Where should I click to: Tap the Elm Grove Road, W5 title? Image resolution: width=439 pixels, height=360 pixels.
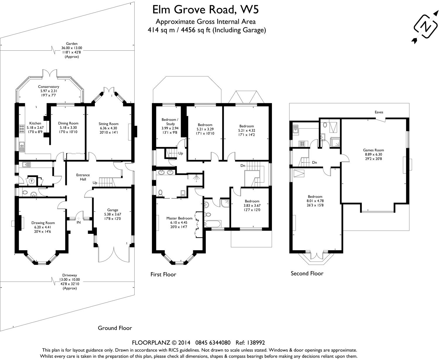click(205, 10)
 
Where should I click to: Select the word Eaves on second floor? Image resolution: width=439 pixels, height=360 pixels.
click(379, 112)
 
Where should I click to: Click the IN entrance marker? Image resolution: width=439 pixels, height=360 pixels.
click(78, 222)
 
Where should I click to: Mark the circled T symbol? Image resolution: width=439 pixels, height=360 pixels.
click(31, 181)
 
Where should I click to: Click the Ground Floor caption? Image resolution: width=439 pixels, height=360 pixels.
click(115, 328)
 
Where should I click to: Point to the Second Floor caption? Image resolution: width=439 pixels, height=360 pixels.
click(307, 273)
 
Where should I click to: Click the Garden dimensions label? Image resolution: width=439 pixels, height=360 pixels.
click(72, 50)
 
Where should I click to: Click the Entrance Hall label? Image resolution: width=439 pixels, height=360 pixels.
click(83, 177)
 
